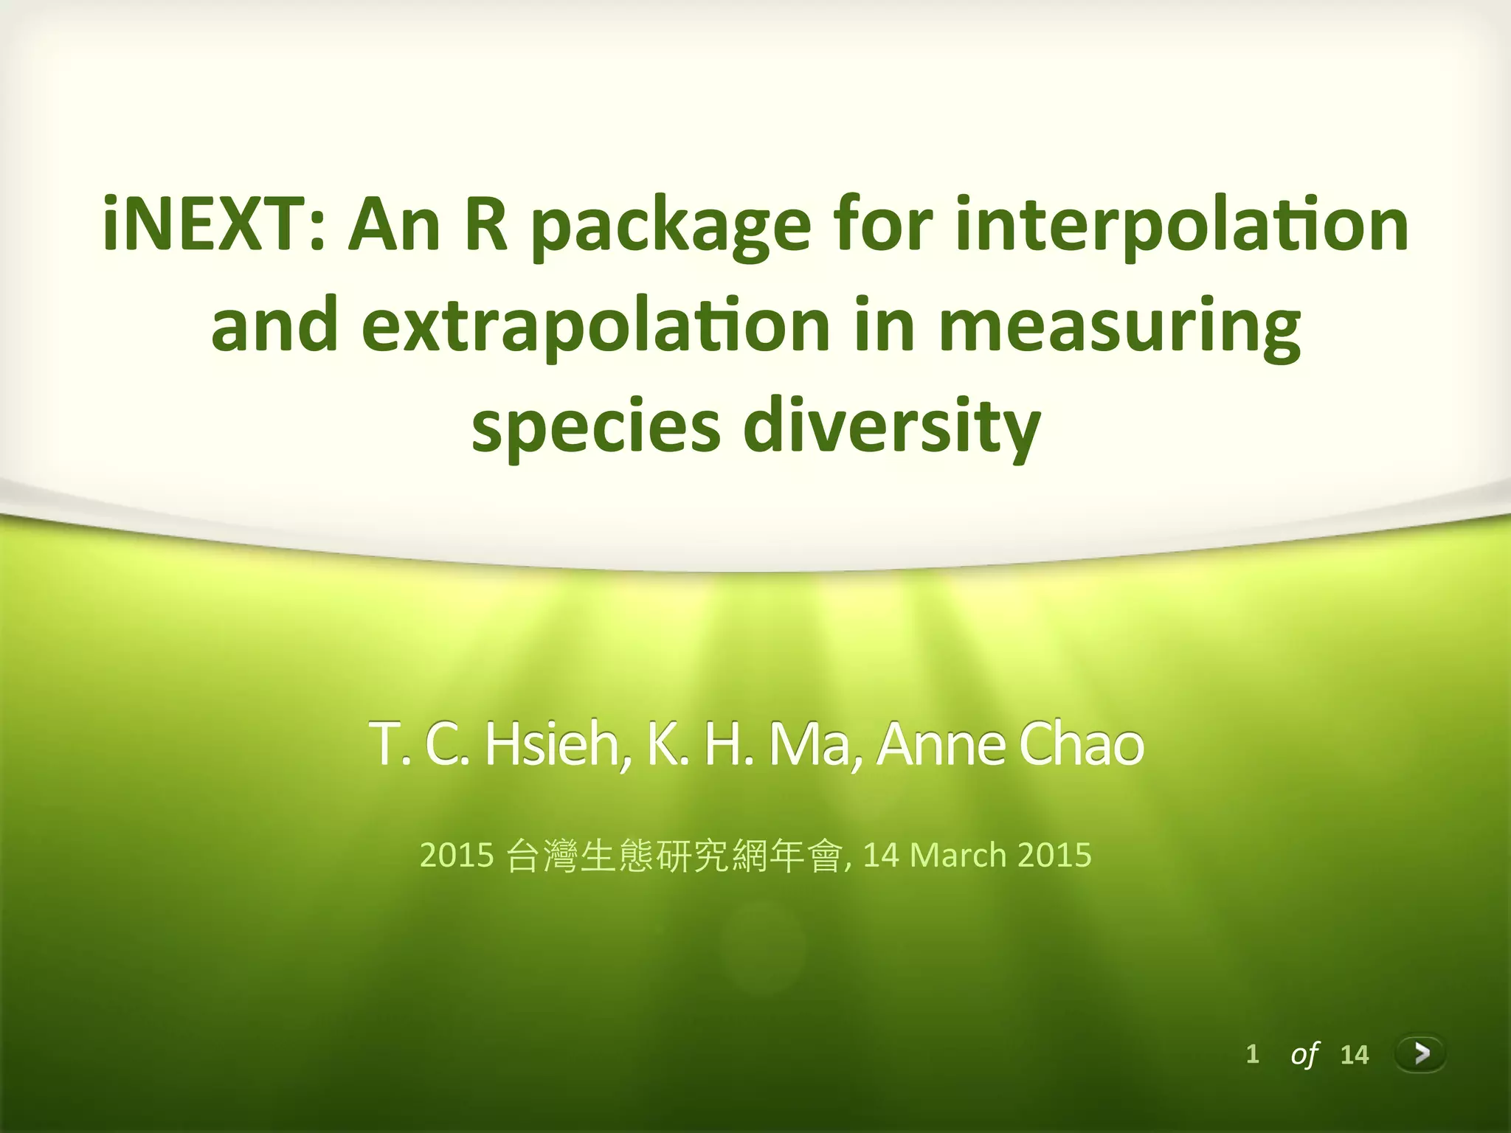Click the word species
[595, 429]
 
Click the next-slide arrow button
[1420, 1054]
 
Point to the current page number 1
[1252, 1054]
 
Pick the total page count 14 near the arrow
[1354, 1055]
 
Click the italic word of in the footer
[1304, 1055]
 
